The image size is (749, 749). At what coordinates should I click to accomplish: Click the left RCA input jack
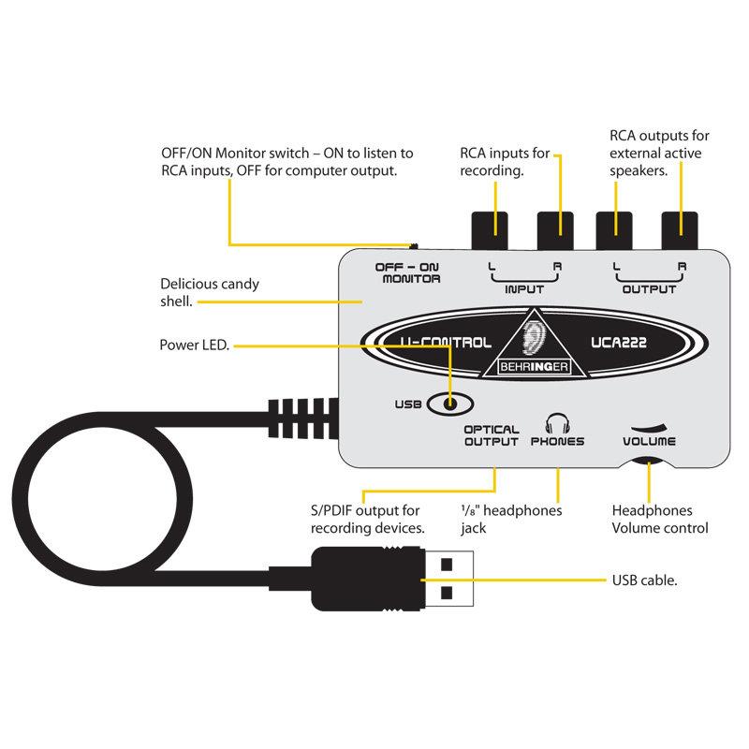(x=488, y=226)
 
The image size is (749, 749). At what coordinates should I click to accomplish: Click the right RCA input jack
(x=554, y=226)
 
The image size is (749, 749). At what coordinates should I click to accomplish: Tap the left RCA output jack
(x=615, y=226)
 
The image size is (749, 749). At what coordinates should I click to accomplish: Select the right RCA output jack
(x=681, y=226)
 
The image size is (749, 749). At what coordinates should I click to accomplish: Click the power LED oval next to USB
(x=450, y=404)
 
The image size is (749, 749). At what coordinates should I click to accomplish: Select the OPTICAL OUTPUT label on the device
(x=491, y=435)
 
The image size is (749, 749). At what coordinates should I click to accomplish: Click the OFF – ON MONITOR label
(x=407, y=272)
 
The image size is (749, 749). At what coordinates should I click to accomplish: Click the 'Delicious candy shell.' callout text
(x=210, y=292)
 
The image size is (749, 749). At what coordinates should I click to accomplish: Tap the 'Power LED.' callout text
(x=194, y=345)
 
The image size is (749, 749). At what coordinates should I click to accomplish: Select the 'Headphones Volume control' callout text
(x=659, y=520)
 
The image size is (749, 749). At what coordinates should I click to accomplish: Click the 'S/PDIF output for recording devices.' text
(x=368, y=520)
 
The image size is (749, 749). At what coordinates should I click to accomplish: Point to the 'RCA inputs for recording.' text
(x=504, y=162)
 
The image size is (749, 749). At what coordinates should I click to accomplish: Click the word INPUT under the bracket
(x=523, y=289)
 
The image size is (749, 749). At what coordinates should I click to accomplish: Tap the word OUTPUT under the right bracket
(x=649, y=289)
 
